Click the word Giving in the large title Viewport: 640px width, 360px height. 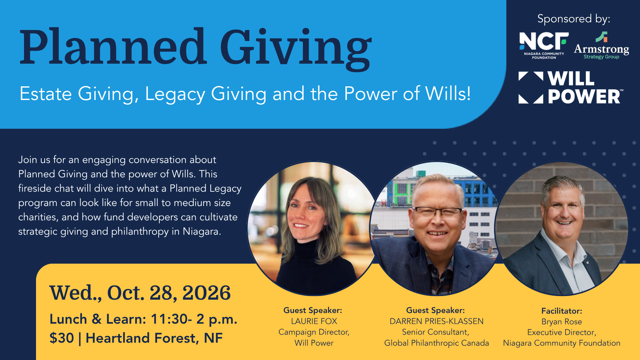[x=296, y=49]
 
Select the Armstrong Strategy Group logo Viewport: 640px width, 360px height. [x=601, y=46]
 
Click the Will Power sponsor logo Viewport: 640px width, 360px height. [x=571, y=88]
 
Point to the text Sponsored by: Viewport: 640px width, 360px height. [x=574, y=19]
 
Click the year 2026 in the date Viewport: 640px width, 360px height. [x=207, y=293]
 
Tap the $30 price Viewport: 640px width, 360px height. [x=62, y=338]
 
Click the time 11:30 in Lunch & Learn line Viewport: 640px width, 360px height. [x=169, y=319]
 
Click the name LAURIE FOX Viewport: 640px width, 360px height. [x=314, y=321]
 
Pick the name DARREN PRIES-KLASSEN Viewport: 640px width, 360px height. [x=437, y=321]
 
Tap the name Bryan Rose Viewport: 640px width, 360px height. [x=562, y=322]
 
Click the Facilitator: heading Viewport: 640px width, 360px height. [x=562, y=311]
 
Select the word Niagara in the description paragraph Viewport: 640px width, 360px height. [x=202, y=231]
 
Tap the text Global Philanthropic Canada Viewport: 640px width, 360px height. [x=437, y=343]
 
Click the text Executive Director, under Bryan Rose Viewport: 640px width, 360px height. [x=562, y=332]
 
